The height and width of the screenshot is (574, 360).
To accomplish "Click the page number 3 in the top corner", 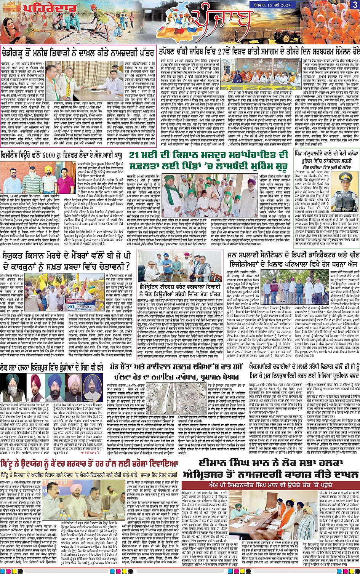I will tap(355, 5).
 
